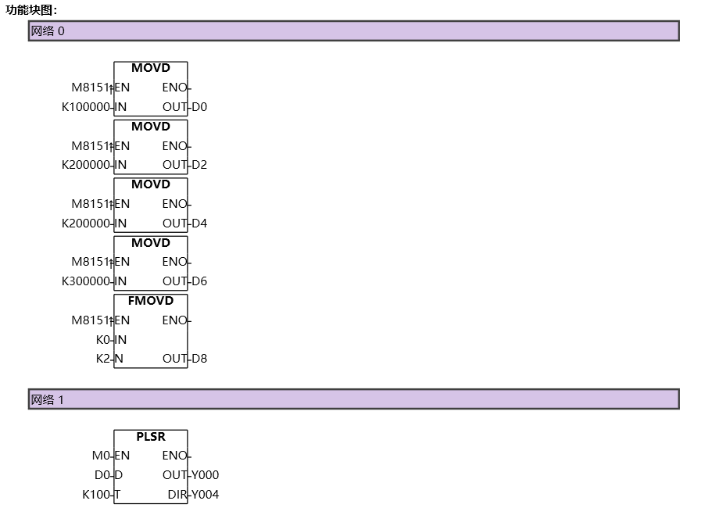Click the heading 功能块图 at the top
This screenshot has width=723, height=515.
(x=31, y=10)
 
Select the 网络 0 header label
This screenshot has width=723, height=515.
(x=48, y=31)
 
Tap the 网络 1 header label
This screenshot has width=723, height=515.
(x=48, y=399)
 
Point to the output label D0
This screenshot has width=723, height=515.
(x=199, y=107)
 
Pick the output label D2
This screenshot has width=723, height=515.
(x=199, y=165)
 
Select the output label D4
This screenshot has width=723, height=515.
(x=199, y=224)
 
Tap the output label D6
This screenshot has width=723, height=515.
(x=199, y=281)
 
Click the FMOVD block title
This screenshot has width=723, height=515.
(x=151, y=301)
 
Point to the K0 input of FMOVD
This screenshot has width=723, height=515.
(x=103, y=340)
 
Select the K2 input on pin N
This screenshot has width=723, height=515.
(x=103, y=359)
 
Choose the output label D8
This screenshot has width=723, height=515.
(x=199, y=359)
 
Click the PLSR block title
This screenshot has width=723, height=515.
(x=151, y=437)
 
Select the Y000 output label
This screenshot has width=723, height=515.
(x=206, y=475)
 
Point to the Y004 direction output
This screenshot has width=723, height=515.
(x=206, y=495)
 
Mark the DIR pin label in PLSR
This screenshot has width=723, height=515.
(x=177, y=495)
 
